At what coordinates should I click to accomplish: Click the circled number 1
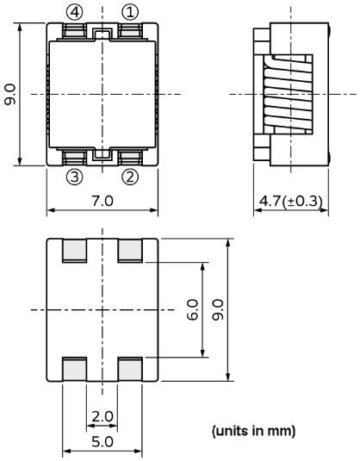(129, 11)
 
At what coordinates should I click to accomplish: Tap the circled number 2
(129, 178)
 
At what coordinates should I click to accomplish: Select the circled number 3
(76, 178)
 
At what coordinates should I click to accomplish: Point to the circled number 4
(76, 11)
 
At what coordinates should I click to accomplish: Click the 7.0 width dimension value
(102, 201)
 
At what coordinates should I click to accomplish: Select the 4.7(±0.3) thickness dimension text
(291, 201)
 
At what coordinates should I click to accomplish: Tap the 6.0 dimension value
(191, 309)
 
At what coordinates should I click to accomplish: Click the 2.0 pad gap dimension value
(102, 416)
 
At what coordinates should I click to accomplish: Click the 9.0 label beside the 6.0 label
(217, 309)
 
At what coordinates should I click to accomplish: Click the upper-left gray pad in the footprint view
(76, 251)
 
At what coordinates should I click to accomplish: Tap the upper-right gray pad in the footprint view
(130, 251)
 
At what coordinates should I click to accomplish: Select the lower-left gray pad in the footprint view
(76, 368)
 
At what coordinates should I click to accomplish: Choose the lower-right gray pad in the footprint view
(130, 368)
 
